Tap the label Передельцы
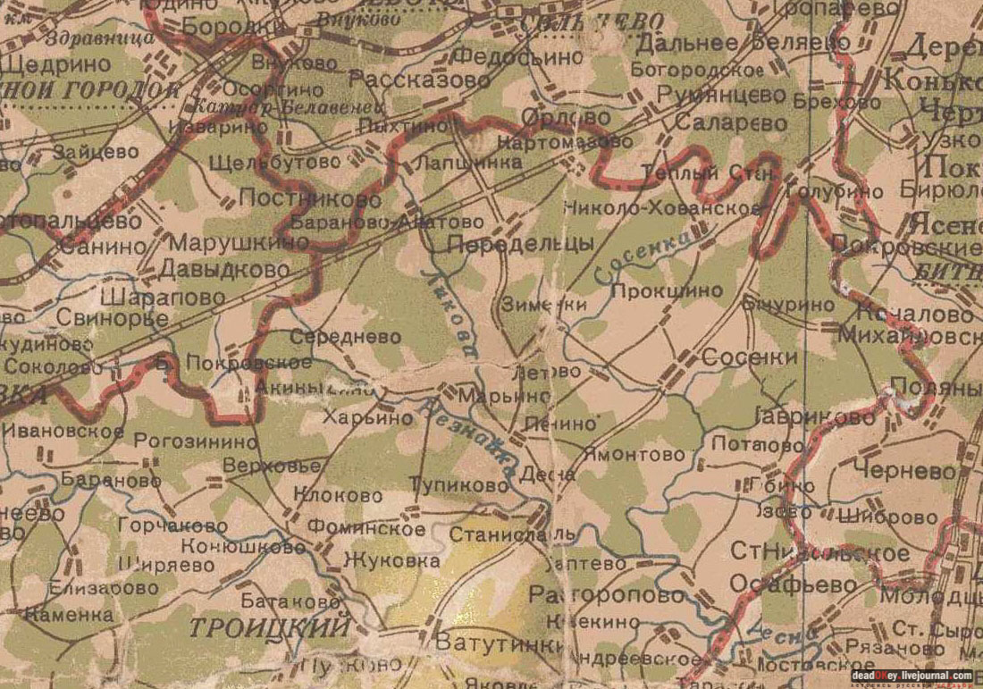click(x=520, y=244)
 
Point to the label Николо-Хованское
click(x=662, y=208)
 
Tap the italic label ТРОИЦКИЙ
click(x=269, y=627)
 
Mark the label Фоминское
click(x=367, y=529)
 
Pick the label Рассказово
click(x=420, y=80)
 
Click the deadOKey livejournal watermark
click(x=911, y=676)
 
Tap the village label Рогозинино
click(x=195, y=441)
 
